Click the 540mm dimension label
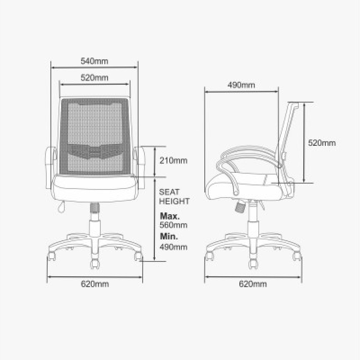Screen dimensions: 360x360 tap(94, 61)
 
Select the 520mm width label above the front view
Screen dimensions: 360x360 tap(94, 77)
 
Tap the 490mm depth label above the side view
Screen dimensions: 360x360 tap(241, 85)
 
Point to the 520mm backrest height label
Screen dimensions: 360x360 tap(322, 143)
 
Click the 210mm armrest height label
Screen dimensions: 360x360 tap(174, 161)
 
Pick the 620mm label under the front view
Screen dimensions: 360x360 tap(95, 284)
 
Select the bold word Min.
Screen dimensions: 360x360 tap(168, 236)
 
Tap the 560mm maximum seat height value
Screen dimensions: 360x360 tap(174, 225)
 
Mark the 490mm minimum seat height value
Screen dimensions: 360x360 tap(174, 247)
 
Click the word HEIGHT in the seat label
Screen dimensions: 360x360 tap(175, 202)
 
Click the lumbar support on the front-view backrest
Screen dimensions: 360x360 tap(94, 152)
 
